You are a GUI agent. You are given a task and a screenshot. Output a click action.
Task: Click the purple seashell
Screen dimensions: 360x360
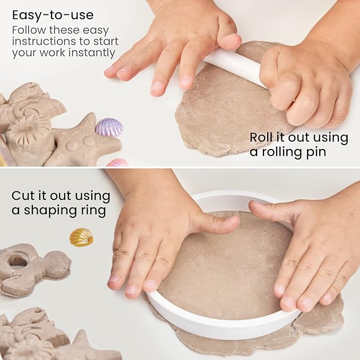(x=109, y=127)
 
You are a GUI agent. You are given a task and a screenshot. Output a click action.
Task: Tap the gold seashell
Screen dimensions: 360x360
(x=81, y=237)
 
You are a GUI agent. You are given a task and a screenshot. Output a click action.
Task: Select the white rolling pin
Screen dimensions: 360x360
(x=233, y=66)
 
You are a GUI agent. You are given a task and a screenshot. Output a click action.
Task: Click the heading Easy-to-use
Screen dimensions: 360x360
(x=52, y=14)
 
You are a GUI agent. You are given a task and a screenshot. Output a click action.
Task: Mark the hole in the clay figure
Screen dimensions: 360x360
(x=17, y=260)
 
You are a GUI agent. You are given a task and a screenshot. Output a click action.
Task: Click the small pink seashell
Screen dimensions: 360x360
(x=117, y=163)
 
